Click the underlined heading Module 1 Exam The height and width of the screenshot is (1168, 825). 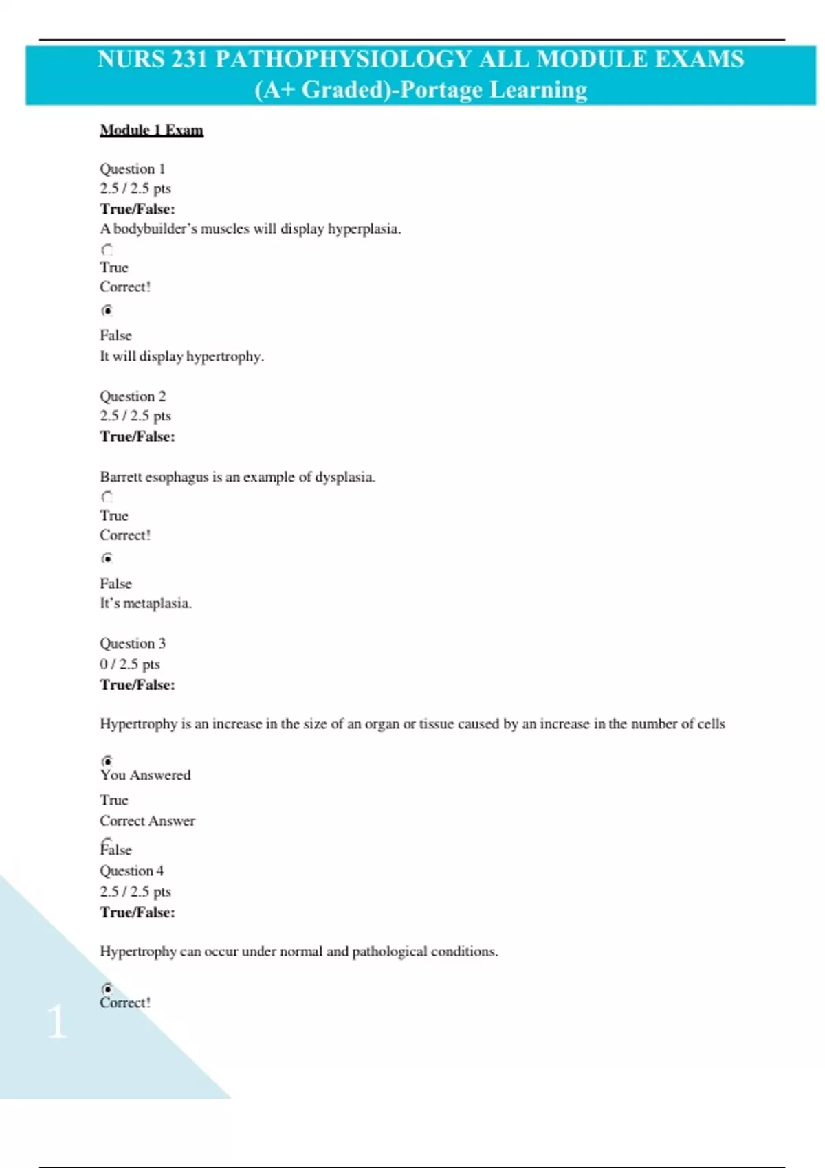[151, 130]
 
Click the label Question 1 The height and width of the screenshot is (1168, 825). [132, 168]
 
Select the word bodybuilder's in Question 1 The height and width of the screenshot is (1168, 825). [155, 229]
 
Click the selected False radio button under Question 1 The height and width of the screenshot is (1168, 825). [107, 311]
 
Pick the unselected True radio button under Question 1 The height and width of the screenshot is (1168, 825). [107, 249]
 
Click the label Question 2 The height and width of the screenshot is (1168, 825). [132, 396]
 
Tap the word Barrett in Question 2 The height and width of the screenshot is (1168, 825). [120, 477]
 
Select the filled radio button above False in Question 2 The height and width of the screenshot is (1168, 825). [107, 558]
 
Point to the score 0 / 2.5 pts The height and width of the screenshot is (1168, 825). [129, 664]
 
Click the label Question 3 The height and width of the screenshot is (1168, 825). [132, 643]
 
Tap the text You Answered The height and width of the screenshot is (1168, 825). [145, 775]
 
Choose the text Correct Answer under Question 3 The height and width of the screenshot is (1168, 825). [147, 821]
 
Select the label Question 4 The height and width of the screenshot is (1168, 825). [131, 871]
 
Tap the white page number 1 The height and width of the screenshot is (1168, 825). [57, 1022]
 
